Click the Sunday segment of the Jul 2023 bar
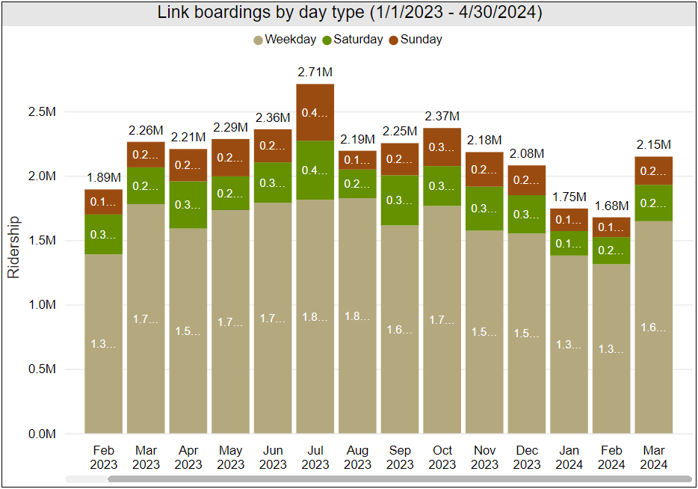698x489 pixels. (315, 112)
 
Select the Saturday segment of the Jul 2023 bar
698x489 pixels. (315, 170)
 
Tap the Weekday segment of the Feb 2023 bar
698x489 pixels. (103, 344)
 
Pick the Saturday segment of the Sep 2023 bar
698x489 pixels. (400, 200)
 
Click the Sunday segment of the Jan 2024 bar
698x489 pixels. (569, 219)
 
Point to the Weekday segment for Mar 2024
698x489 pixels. (653, 327)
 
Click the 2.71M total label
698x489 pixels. (315, 73)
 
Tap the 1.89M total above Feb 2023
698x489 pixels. (103, 177)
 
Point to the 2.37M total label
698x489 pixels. (442, 116)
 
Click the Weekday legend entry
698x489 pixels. (285, 40)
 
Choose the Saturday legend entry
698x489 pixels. (352, 40)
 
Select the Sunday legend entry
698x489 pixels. (416, 40)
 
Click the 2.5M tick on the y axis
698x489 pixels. (41, 112)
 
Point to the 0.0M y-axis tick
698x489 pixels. (41, 434)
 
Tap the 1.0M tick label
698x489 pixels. (41, 305)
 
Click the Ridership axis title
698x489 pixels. (13, 247)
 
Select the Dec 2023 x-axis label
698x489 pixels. (527, 457)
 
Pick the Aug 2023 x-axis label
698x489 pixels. (357, 457)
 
